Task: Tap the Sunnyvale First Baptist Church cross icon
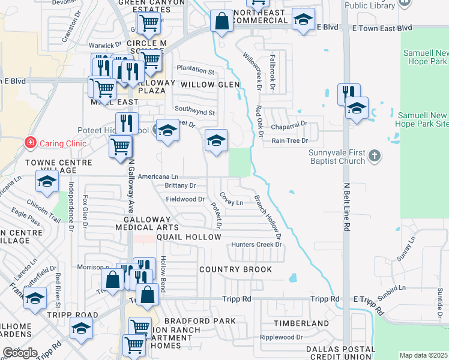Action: (x=375, y=156)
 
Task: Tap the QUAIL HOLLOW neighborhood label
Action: (x=190, y=237)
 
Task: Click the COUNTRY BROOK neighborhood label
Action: (x=236, y=269)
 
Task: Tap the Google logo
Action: (x=20, y=353)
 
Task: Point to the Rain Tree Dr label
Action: (x=290, y=140)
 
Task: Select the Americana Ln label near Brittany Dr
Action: (x=158, y=177)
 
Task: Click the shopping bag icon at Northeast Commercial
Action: (x=221, y=21)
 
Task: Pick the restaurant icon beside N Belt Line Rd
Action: (x=347, y=94)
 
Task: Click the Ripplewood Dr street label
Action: (x=281, y=337)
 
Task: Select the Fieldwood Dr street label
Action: (x=185, y=199)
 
